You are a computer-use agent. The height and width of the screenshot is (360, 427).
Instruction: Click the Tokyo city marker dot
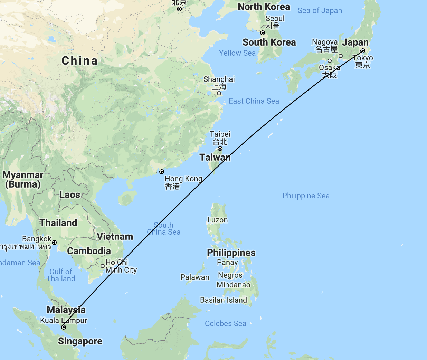(363, 51)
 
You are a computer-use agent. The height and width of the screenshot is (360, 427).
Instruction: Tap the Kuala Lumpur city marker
(64, 327)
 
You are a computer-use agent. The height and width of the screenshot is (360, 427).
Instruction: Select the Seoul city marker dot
(263, 33)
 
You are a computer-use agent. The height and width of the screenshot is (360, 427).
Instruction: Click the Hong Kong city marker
(162, 172)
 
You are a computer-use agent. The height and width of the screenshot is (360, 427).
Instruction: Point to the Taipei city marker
(220, 149)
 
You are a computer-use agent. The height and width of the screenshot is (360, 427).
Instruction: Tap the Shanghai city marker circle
(219, 93)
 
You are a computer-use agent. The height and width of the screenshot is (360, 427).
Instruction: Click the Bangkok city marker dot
(54, 243)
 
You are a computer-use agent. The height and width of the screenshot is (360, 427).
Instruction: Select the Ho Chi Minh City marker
(103, 266)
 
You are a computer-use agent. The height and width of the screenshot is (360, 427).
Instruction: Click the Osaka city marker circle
(330, 61)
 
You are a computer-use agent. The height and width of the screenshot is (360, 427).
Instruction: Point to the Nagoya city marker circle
(341, 56)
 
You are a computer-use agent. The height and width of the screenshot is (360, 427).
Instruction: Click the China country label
(79, 61)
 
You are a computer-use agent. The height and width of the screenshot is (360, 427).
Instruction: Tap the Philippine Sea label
(306, 196)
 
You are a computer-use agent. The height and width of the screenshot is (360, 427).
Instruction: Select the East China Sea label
(254, 101)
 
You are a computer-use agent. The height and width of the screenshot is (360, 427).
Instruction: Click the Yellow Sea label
(237, 53)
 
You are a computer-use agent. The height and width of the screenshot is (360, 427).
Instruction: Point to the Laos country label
(70, 195)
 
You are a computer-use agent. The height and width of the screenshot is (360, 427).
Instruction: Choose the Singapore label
(80, 341)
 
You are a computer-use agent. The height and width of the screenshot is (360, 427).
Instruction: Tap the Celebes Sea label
(226, 324)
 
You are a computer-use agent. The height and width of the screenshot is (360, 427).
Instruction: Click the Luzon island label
(218, 220)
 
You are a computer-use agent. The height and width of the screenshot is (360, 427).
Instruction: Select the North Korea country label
(264, 7)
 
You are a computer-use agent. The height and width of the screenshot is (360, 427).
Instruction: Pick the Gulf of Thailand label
(61, 275)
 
